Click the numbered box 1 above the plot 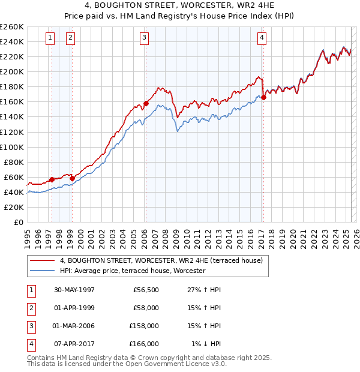[50, 38]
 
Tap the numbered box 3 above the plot [145, 38]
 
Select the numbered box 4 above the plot [262, 38]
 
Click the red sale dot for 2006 [146, 103]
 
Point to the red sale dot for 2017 [264, 97]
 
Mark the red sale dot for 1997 [52, 179]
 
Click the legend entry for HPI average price [131, 271]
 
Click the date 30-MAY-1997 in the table [74, 290]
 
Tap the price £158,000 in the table [145, 326]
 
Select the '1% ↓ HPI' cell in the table [206, 344]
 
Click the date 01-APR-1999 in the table [74, 308]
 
